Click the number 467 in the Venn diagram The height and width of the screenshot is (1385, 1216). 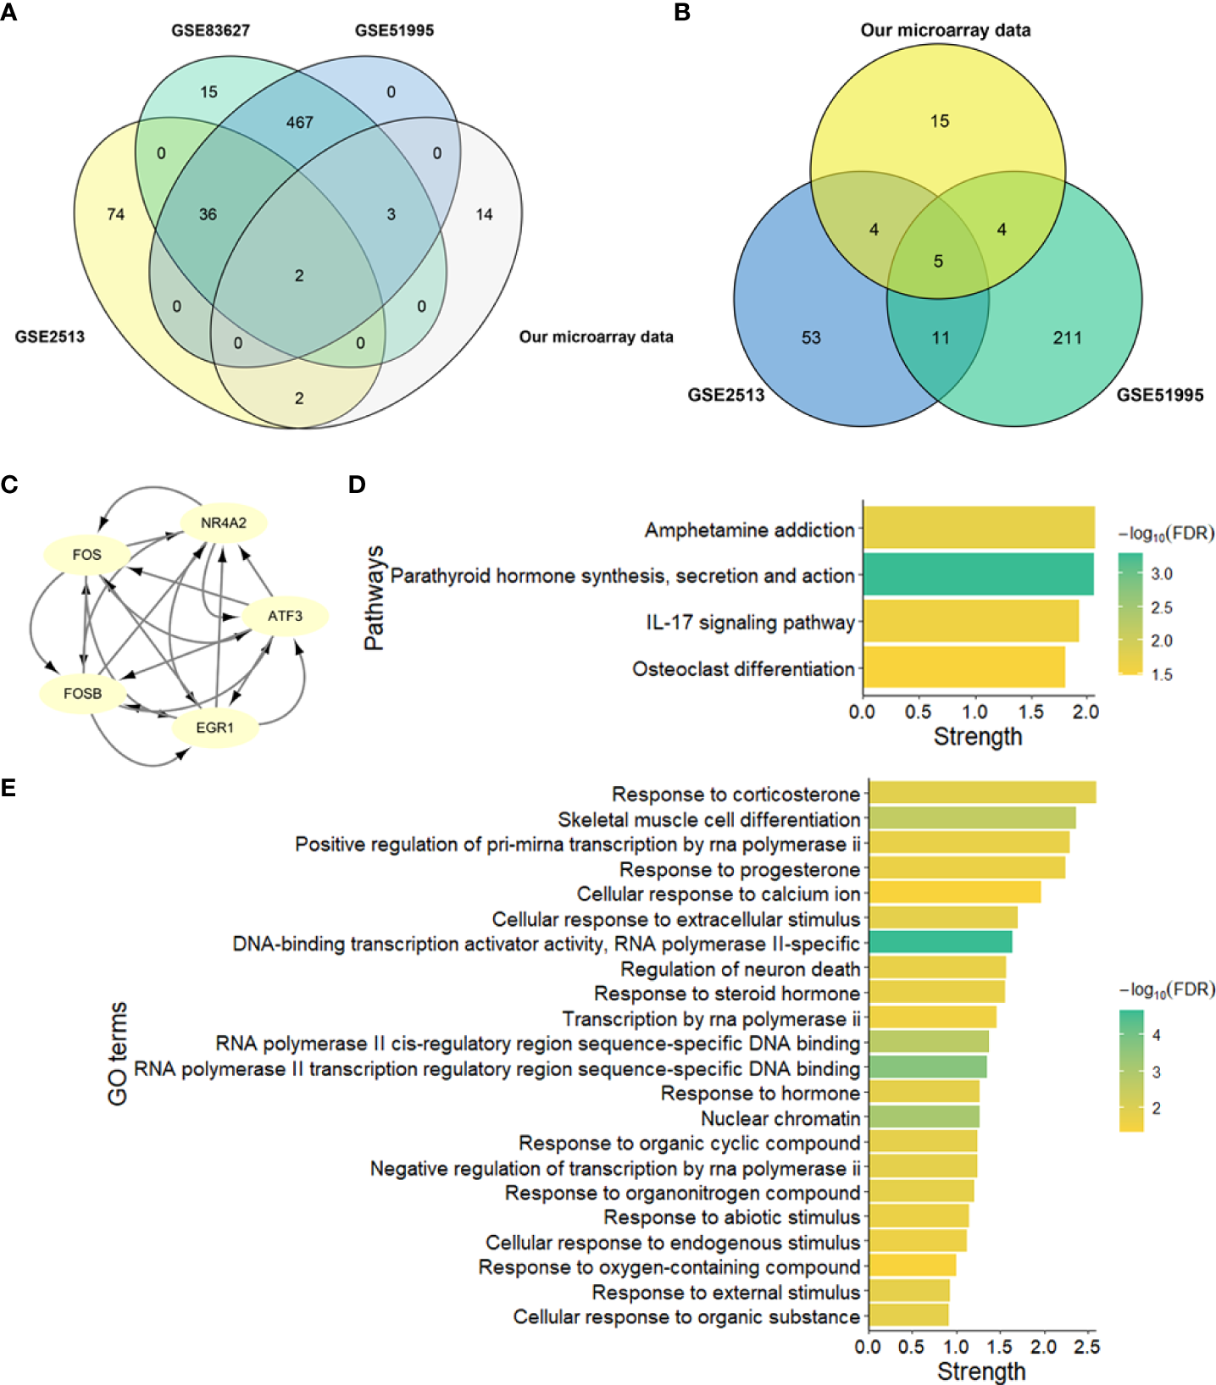coord(300,123)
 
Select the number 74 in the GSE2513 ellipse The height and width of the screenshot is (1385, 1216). coord(116,214)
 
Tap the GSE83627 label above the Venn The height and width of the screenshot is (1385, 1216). coord(210,30)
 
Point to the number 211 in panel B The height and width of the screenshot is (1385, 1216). coord(1068,338)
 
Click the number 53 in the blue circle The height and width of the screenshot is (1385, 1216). coord(811,338)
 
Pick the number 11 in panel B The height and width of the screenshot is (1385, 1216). coord(941,338)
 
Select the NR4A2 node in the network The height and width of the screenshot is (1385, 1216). coord(224,524)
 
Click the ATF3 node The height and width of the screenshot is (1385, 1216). coord(285,616)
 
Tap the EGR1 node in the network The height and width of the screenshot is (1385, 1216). coord(214,728)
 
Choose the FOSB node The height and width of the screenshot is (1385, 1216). coord(82,694)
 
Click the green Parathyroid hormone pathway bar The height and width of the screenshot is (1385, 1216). coord(978,575)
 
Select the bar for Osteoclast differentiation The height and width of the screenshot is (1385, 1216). coord(963,668)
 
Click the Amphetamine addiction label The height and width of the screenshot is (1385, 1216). coord(749,530)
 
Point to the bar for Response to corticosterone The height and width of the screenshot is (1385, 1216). coord(982,794)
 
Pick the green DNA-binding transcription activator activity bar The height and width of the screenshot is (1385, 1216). coord(940,943)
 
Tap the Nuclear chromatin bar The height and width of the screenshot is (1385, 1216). coord(924,1117)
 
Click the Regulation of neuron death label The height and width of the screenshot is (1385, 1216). coord(740,969)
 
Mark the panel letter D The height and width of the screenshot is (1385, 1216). coord(357,485)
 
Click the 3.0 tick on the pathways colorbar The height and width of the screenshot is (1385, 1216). coord(1161,574)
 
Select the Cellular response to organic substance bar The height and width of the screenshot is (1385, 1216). coord(908,1316)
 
